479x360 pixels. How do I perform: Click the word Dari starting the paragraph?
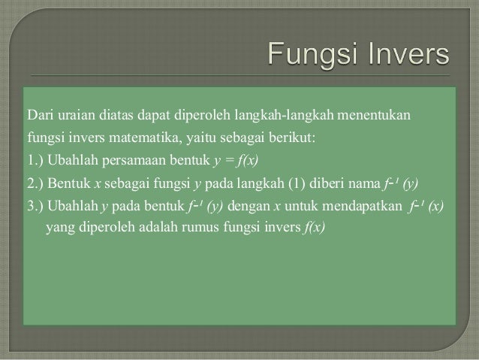(40, 116)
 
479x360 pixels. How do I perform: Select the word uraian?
(77, 116)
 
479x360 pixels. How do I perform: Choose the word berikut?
(316, 138)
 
